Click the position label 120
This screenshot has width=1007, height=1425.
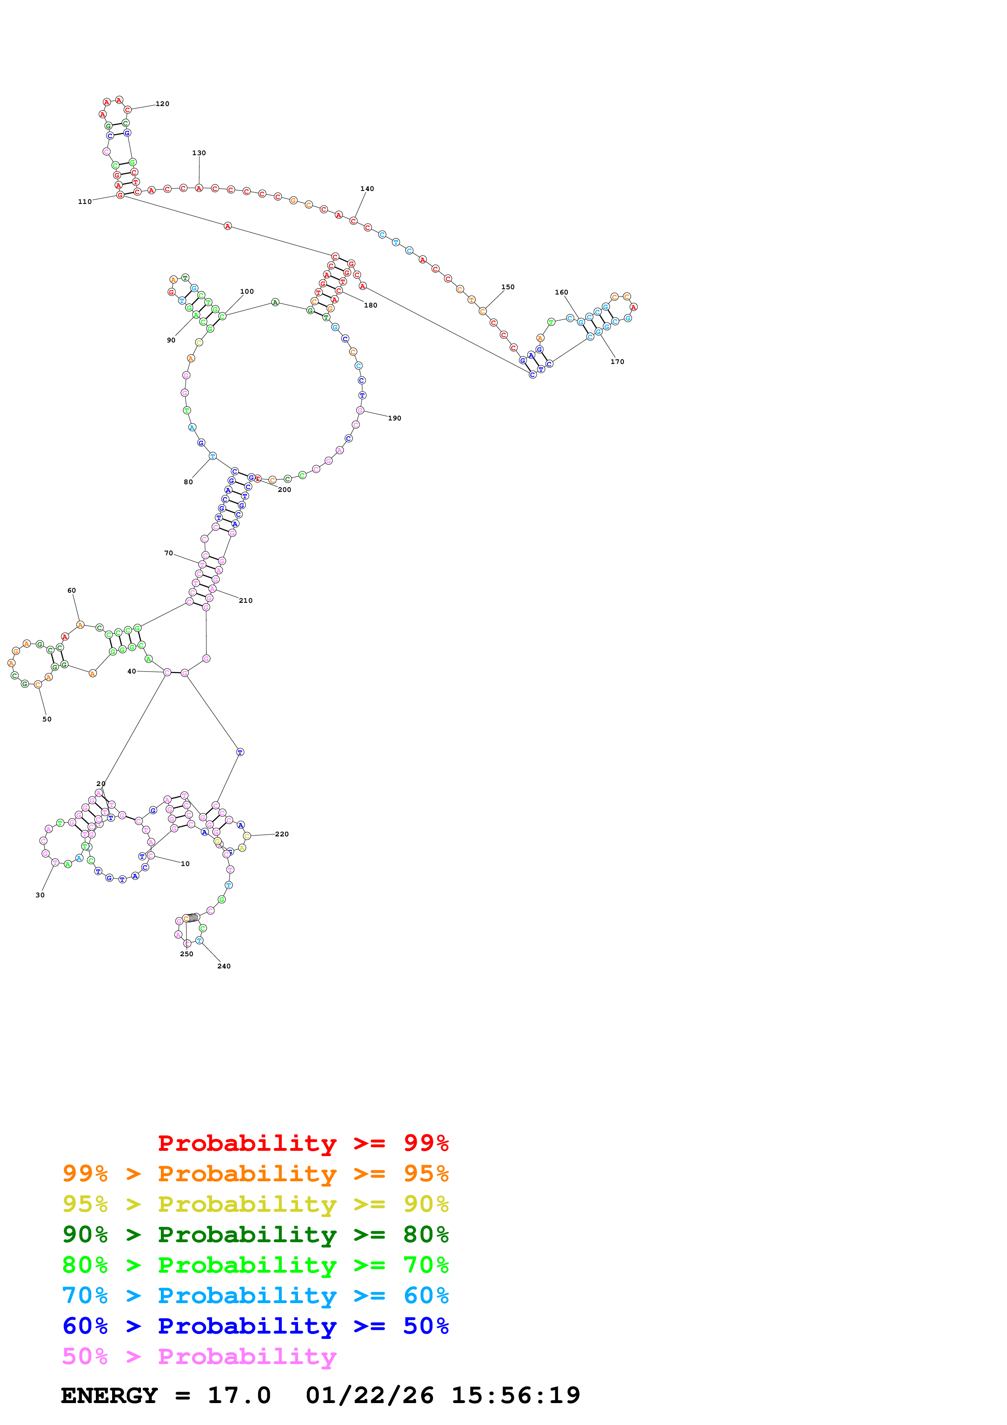tap(162, 104)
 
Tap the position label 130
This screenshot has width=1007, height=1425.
tap(199, 153)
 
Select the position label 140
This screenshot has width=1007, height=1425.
tap(367, 188)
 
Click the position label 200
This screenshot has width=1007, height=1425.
tap(284, 489)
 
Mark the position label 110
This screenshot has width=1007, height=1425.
tap(84, 202)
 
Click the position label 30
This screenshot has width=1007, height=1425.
tap(40, 894)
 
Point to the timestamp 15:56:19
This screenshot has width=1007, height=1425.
tap(515, 1395)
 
